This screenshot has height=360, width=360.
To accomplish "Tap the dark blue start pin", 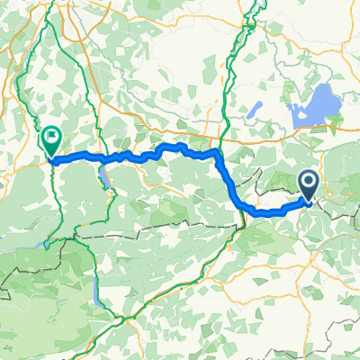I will [x=308, y=185].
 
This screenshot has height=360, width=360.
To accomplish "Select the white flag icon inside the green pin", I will [x=51, y=139].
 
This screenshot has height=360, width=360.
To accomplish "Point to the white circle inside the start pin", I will [x=308, y=184].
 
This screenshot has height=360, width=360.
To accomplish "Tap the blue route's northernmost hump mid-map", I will [x=171, y=146].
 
